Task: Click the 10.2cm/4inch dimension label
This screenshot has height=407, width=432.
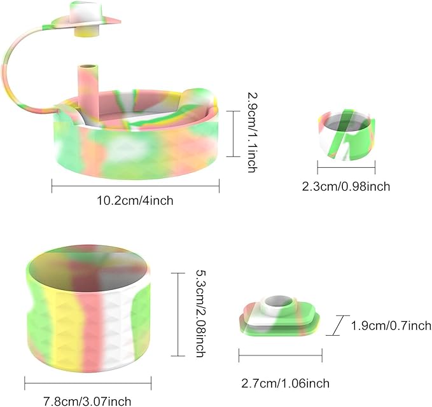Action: point(135,200)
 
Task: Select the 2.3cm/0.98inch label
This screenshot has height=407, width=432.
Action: point(346,186)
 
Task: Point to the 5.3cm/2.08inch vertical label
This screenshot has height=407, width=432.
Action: point(201,314)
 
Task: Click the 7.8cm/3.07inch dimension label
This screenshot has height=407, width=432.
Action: point(87,401)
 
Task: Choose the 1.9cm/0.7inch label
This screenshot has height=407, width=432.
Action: point(391,326)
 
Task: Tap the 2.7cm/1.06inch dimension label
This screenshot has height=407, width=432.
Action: point(286,383)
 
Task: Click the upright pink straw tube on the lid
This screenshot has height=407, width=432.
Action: point(88,85)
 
